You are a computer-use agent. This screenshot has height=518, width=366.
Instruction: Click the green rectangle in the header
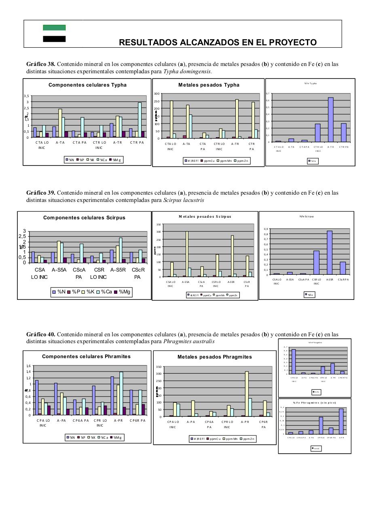(54, 28)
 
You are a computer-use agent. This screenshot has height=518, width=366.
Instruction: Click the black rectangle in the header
(54, 39)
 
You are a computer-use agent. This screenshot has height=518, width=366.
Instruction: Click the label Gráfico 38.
(40, 64)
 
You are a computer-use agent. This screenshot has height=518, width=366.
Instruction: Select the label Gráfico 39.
(40, 193)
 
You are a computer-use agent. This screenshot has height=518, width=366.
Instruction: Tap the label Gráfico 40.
(40, 334)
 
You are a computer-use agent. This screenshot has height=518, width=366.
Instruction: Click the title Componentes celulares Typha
(87, 85)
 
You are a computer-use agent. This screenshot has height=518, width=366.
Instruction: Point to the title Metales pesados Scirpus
(205, 217)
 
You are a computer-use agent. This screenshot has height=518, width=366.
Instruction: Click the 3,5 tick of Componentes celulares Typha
(27, 96)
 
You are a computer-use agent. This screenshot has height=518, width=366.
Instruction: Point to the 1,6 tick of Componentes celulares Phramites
(29, 366)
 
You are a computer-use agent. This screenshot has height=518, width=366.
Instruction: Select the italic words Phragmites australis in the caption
(189, 342)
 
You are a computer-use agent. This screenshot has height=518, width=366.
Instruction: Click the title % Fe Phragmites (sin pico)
(314, 403)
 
